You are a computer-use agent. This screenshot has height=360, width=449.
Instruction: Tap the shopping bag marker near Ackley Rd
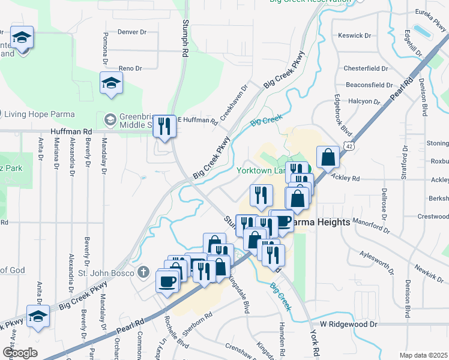328,157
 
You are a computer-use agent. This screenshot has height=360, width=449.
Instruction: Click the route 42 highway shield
349,145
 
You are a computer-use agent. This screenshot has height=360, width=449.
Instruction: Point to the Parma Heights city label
321,222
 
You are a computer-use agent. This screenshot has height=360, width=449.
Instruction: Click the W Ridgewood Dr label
348,324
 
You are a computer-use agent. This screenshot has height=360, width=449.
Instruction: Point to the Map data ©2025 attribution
423,355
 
